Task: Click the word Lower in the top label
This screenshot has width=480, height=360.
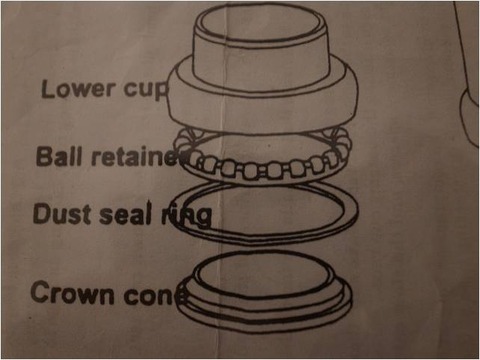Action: (78, 89)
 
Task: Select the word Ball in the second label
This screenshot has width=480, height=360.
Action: (59, 156)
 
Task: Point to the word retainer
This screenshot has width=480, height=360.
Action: (139, 157)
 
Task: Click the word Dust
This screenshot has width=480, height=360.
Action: (62, 214)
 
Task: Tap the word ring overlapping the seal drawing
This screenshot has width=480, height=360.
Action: (187, 217)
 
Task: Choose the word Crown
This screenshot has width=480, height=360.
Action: (72, 292)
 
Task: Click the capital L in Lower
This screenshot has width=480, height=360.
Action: (47, 89)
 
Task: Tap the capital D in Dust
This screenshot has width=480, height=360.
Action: (42, 213)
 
